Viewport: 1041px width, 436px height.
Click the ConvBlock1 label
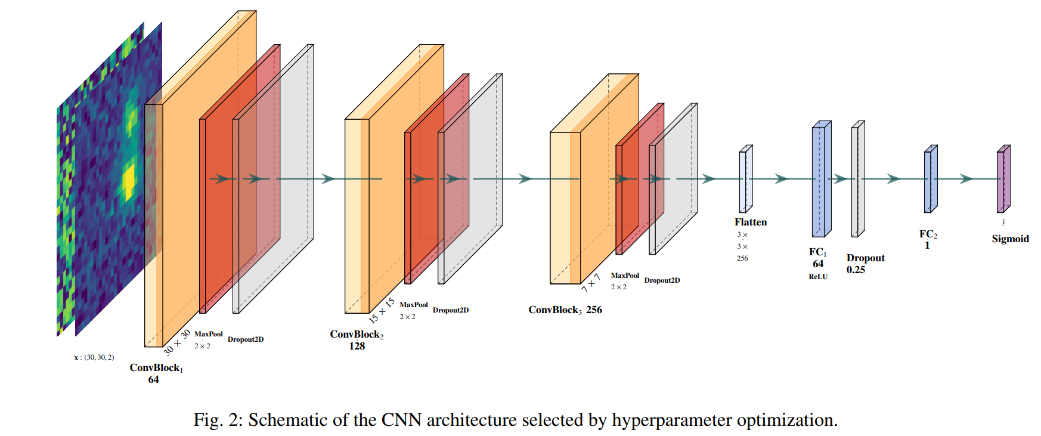156,368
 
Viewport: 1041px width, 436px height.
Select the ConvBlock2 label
357,335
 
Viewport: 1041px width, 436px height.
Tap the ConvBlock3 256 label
565,310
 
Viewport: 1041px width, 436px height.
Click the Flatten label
751,222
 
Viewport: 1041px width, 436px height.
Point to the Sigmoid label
1010,239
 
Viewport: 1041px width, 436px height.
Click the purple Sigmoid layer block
1003,179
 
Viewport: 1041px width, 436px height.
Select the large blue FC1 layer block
821,179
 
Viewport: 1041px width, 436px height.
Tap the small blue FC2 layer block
931,179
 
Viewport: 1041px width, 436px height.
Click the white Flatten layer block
746,179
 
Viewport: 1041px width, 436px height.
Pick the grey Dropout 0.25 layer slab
858,179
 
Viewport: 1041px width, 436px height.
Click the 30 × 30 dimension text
177,342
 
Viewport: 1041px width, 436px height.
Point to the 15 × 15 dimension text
382,310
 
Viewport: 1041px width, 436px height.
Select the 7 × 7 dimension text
591,283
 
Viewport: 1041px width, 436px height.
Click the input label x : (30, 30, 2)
94,357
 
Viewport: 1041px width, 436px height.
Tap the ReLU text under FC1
818,277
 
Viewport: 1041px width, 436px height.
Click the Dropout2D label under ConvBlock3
662,280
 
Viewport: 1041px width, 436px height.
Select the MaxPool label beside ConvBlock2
414,305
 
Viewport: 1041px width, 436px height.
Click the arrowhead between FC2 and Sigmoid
966,179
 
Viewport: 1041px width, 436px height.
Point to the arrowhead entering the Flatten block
709,179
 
